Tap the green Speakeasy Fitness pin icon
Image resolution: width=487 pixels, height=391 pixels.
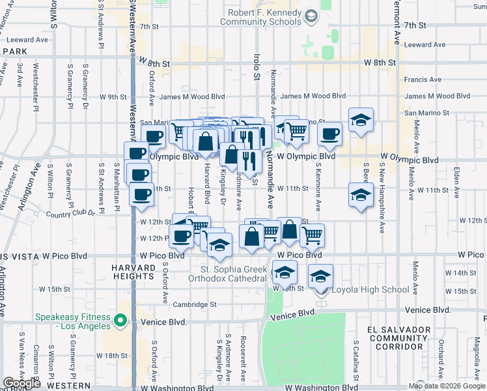120,321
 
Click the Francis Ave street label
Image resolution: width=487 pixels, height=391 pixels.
423,80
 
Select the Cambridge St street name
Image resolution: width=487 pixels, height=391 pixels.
194,304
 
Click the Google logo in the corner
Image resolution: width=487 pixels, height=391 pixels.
21,383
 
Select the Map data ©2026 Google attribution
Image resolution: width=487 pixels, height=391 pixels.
447,386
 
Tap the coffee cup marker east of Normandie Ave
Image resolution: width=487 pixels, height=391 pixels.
329,135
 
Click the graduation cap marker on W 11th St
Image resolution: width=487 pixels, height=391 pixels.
361,195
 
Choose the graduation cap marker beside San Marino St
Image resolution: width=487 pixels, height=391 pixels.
360,121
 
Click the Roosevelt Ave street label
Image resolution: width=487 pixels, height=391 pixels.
243,358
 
